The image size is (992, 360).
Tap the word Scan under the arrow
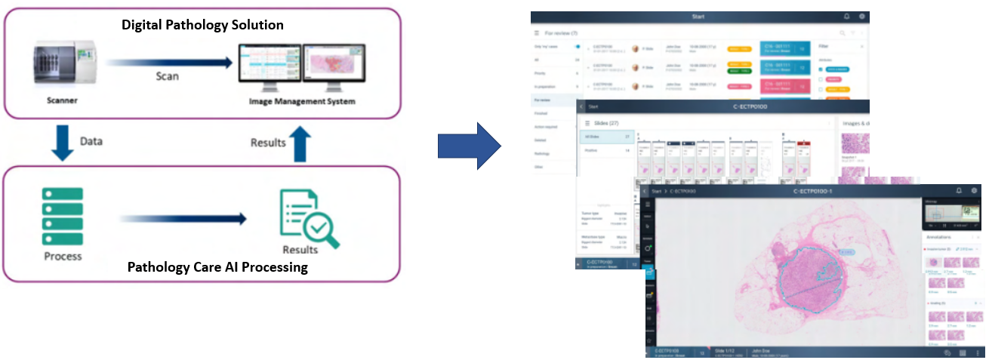coord(168,76)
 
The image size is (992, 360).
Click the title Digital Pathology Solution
coord(203,25)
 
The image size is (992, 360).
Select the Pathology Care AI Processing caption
coord(217,266)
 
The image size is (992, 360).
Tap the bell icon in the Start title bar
coord(846,17)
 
